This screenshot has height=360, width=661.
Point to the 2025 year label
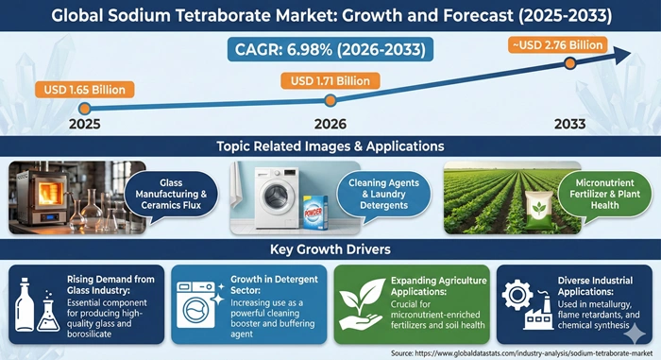click(x=84, y=124)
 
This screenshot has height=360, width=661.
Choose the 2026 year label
click(x=330, y=124)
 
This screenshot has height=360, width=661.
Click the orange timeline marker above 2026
click(x=330, y=99)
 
